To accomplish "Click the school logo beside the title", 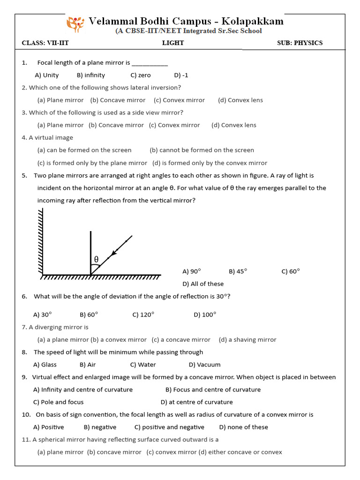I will point(75,23).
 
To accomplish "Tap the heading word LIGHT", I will point(173,43).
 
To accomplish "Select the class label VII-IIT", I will point(58,43).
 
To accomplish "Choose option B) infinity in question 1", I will point(91,75).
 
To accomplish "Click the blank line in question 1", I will point(150,64).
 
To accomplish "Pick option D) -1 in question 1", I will point(181,75).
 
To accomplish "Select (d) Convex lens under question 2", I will point(240,100).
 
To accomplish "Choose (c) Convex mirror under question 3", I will point(174,125).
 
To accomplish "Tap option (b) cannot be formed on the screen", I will point(202,150).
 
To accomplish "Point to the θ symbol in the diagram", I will point(96,259).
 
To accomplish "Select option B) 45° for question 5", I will point(238,271).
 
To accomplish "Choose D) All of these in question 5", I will point(202,284).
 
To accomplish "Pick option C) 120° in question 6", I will point(143,315).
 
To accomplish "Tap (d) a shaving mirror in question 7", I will point(247,339).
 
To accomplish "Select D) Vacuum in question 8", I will point(204,364).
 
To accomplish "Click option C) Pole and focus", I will point(59,402).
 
